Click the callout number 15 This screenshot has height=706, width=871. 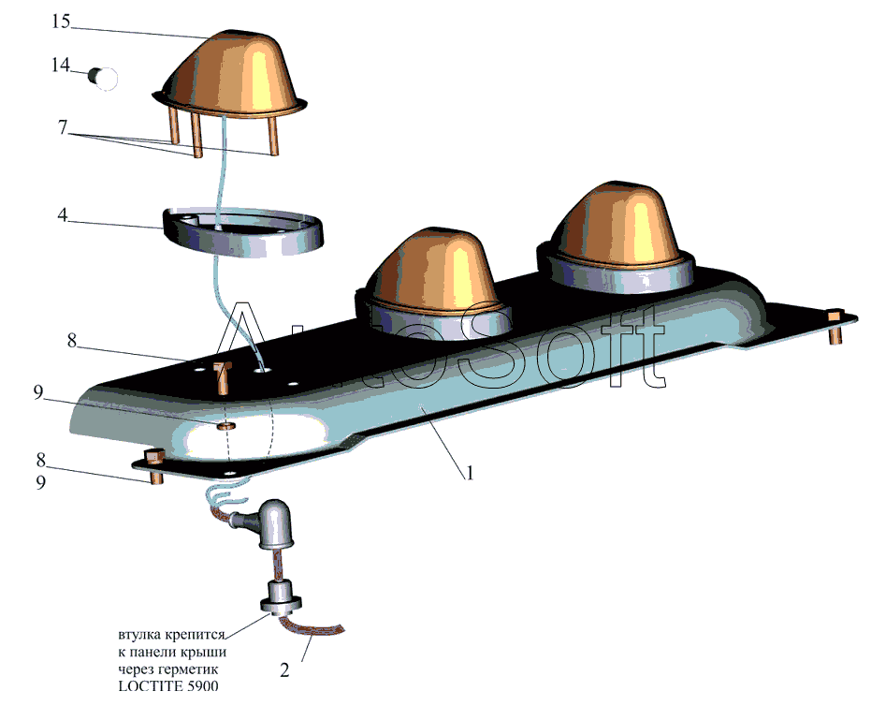click(61, 22)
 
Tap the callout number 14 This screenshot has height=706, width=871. click(61, 65)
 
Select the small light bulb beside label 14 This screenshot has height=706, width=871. click(103, 79)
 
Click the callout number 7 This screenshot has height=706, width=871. click(63, 127)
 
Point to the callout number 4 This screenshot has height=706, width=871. click(63, 214)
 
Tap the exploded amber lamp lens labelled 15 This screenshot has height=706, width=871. click(230, 77)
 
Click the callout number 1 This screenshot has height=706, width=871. click(470, 474)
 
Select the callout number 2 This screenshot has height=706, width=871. click(284, 670)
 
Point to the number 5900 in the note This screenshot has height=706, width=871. click(202, 685)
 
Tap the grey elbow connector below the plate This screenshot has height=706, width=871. click(264, 524)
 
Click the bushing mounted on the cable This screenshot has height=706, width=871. click(281, 597)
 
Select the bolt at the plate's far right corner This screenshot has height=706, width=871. click(835, 327)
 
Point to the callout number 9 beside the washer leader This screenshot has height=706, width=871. click(37, 393)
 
